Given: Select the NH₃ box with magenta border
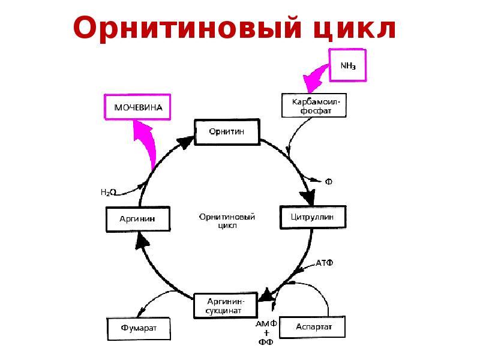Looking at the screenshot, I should coord(347,66).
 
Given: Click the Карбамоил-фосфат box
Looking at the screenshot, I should coord(314,106).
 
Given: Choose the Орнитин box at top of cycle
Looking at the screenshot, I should coord(226,131).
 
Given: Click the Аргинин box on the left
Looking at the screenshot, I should coord(138,219).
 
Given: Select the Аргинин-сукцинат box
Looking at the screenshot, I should coord(224,306).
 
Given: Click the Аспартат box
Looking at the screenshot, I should coord(313,327).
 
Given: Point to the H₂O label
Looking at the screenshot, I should coord(108,193).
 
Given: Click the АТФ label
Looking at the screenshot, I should coord(325,263).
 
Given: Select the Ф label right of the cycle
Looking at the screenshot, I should coord(328,180).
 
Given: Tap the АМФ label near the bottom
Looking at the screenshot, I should coord(266,325).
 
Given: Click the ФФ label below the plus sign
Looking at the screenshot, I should coord(266,343).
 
